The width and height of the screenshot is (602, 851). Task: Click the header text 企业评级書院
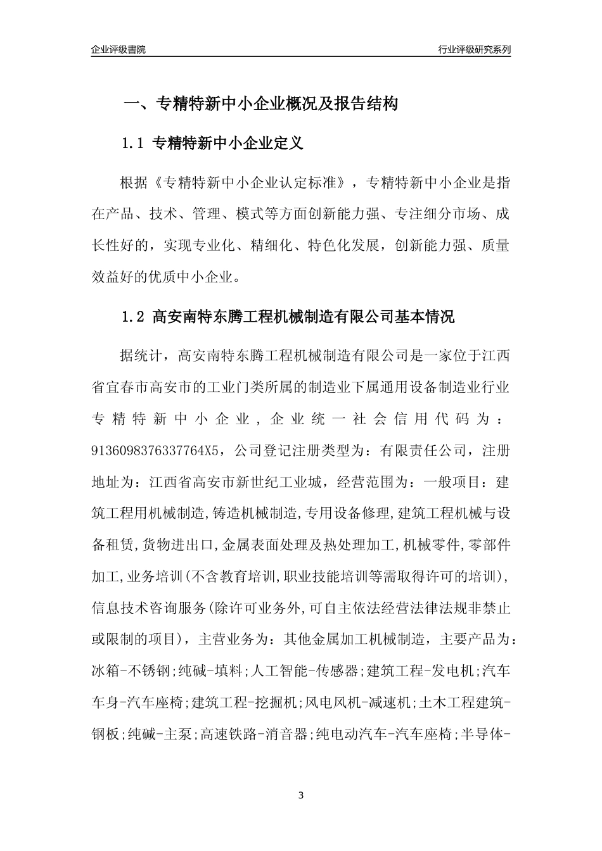pyautogui.click(x=118, y=49)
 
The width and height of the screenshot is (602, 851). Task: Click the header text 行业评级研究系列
pyautogui.click(x=474, y=49)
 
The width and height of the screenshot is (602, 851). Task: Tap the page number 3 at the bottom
pyautogui.click(x=301, y=795)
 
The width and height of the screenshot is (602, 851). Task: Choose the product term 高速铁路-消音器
pyautogui.click(x=254, y=734)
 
